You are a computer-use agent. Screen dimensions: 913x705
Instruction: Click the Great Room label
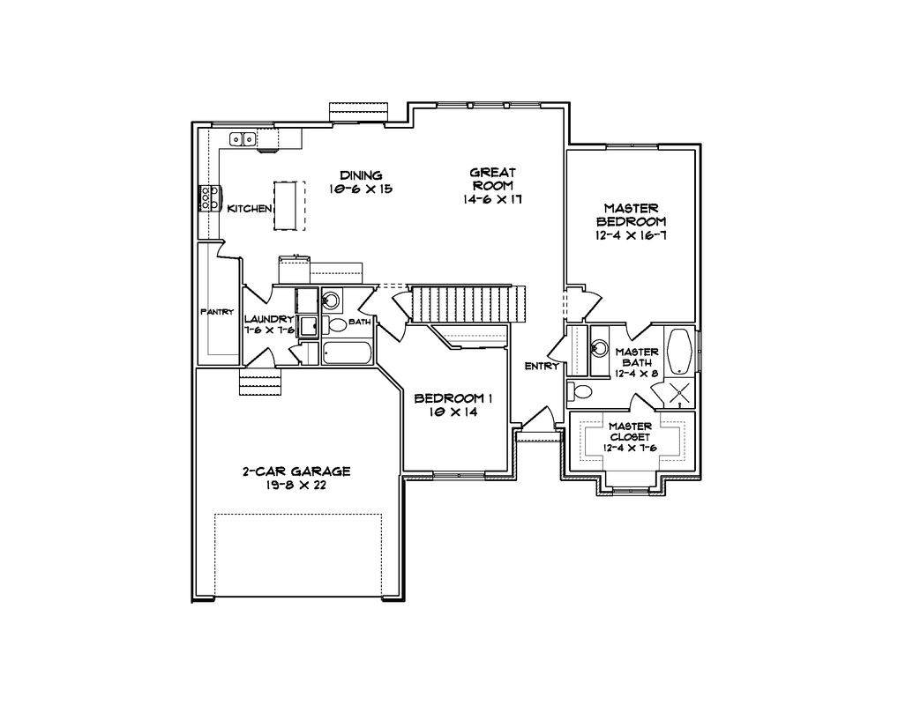(492, 179)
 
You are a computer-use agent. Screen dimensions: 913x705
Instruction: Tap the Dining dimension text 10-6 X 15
(361, 189)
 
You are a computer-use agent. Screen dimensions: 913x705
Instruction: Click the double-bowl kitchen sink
(243, 139)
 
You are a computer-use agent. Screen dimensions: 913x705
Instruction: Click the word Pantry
(217, 312)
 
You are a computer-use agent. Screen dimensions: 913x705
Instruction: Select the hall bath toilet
(334, 325)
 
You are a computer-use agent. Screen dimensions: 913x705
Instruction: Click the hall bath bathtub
(347, 353)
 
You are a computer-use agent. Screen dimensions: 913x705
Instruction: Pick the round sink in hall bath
(331, 301)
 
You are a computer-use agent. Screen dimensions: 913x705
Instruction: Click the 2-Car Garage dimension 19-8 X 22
(296, 485)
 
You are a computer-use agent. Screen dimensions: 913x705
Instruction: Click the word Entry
(542, 366)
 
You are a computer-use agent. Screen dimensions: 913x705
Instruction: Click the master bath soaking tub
(679, 352)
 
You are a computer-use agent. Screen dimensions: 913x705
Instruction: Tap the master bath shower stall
(679, 393)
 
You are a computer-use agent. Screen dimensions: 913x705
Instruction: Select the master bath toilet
(580, 391)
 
